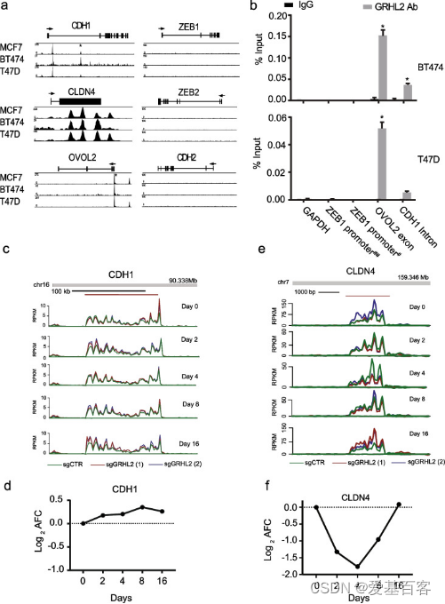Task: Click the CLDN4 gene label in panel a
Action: coord(80,91)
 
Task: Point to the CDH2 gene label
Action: coord(187,157)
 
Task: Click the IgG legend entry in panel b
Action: coord(306,6)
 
